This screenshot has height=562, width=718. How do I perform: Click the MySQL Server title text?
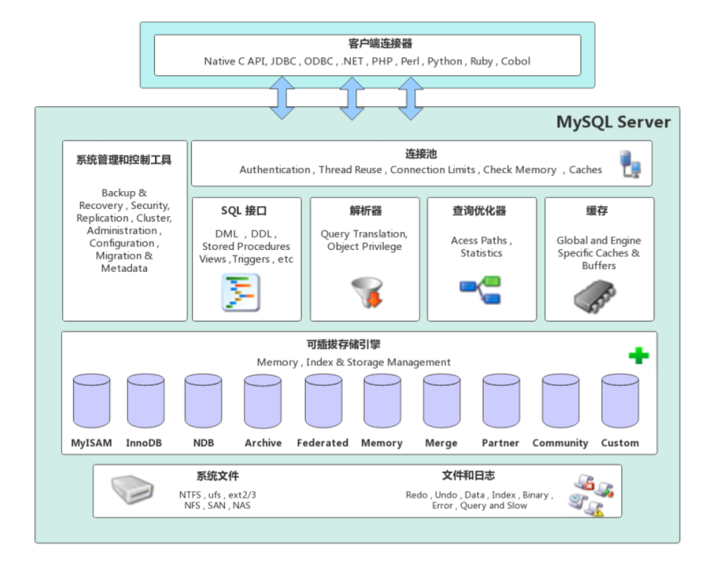tap(613, 123)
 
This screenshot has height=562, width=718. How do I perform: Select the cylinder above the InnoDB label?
tap(145, 400)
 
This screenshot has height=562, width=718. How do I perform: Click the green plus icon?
tap(639, 355)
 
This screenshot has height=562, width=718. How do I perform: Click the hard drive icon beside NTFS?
tap(131, 490)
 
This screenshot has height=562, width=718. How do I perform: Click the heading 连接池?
tap(421, 154)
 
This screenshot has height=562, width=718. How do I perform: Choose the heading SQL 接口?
tap(245, 211)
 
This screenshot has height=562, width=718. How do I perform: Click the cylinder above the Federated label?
tap(323, 400)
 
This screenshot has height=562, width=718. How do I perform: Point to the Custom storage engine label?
tap(620, 443)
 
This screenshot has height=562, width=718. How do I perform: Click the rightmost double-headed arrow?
tap(411, 98)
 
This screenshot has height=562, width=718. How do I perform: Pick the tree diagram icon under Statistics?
tap(481, 291)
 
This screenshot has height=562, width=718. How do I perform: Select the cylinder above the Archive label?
tap(263, 400)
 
